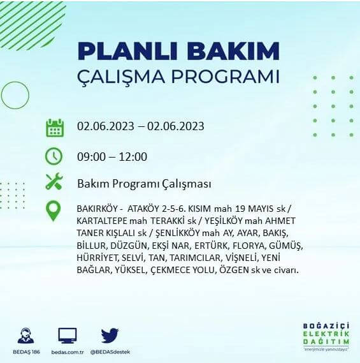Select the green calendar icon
click(x=55, y=127)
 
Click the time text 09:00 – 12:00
click(x=112, y=157)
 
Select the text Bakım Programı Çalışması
click(x=144, y=184)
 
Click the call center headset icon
click(x=26, y=336)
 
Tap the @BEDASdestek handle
click(x=110, y=352)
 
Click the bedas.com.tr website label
click(x=67, y=352)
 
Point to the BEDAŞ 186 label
click(x=26, y=352)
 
